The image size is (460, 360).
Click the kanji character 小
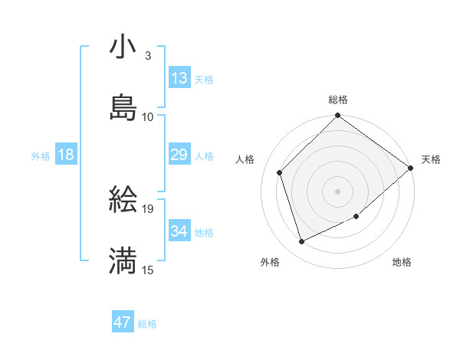(x=123, y=47)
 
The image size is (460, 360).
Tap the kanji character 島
(x=123, y=108)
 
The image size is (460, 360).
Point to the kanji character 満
(x=123, y=261)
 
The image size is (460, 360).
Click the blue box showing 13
(x=179, y=78)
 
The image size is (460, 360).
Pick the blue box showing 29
(x=179, y=155)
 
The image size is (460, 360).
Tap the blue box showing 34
(x=179, y=231)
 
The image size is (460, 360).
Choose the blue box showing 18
(x=66, y=155)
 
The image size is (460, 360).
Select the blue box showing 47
(x=123, y=322)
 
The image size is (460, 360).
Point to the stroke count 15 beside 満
(x=148, y=270)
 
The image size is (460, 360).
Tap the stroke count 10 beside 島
(x=148, y=116)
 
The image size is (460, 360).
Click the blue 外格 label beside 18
(x=41, y=155)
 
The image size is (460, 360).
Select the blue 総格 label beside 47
(x=147, y=324)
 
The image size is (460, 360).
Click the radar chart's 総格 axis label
(x=338, y=100)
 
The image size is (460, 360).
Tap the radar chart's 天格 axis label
(x=431, y=159)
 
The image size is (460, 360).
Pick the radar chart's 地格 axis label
(x=402, y=262)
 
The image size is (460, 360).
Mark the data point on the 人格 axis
(x=280, y=172)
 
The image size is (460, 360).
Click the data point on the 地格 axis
(x=356, y=217)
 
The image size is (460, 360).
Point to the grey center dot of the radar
(x=338, y=191)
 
